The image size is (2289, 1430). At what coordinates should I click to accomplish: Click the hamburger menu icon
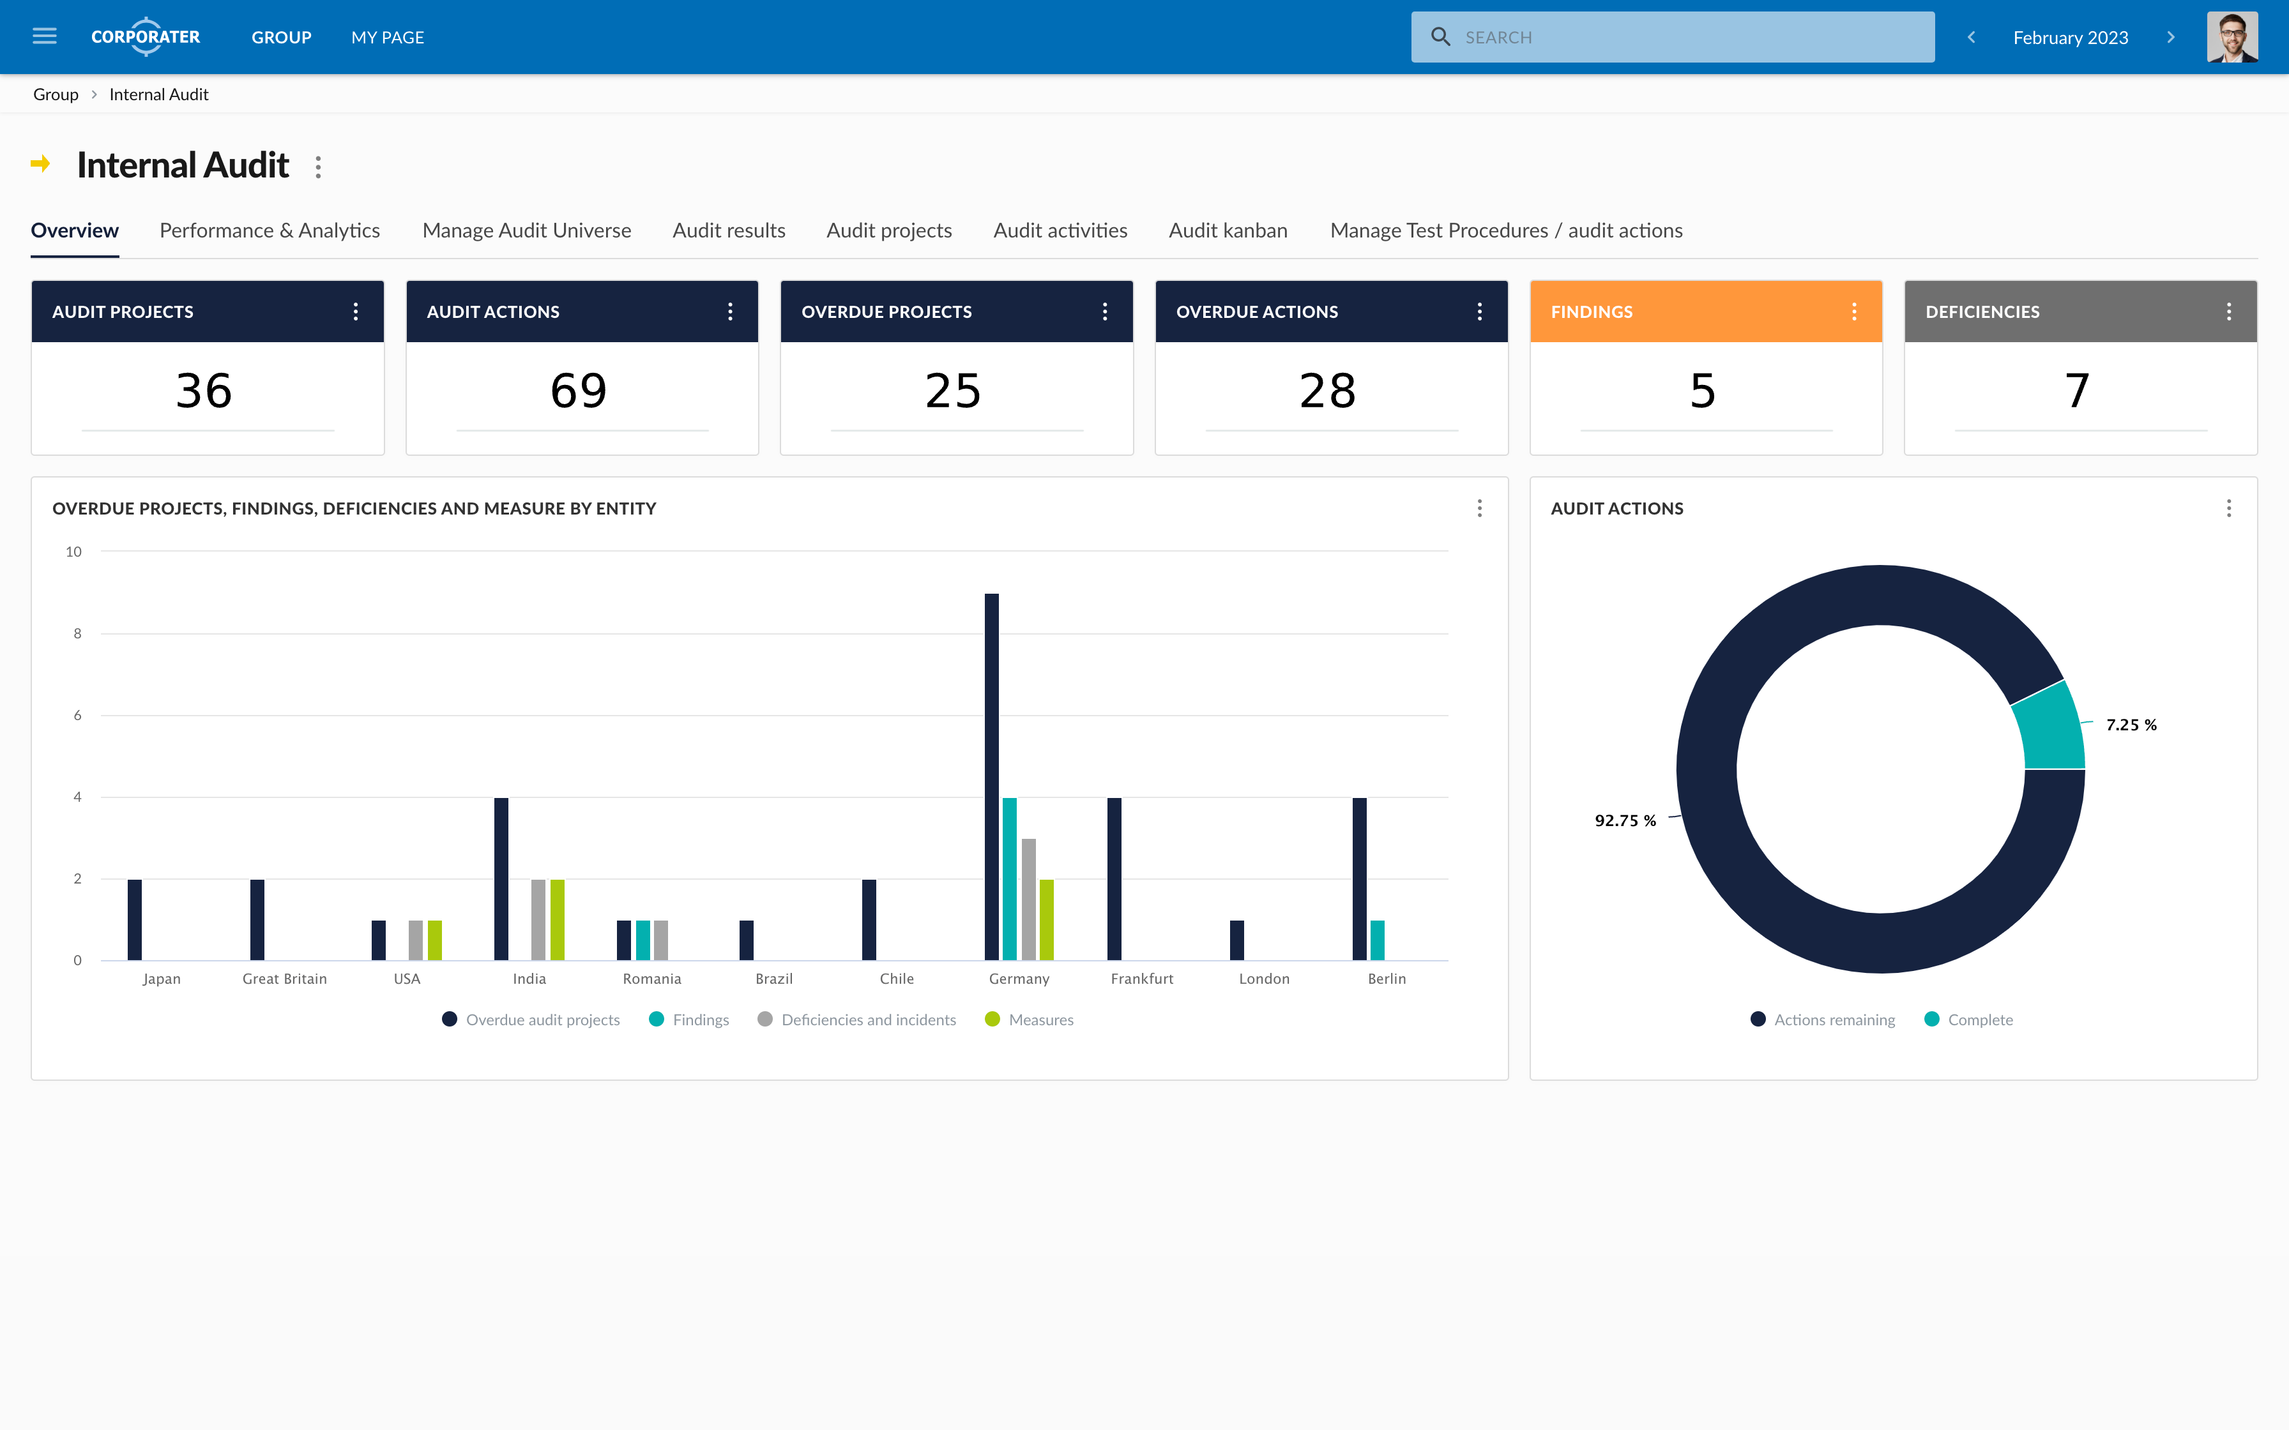45,37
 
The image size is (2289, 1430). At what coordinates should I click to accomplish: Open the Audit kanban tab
1228,230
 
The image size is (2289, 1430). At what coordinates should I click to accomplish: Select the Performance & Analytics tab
270,230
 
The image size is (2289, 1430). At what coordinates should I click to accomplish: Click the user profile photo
2232,37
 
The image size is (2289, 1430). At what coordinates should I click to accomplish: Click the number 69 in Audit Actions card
579,391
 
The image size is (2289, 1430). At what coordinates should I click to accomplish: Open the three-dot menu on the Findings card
1854,311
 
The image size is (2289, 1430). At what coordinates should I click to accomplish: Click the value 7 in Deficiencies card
2077,391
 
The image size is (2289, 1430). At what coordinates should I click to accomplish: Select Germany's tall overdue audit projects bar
991,776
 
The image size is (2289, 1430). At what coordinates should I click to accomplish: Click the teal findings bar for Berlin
1377,940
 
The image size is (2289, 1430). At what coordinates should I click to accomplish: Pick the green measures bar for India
557,919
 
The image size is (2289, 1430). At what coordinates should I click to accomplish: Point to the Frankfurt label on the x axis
1142,979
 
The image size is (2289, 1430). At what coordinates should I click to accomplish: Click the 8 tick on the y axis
77,634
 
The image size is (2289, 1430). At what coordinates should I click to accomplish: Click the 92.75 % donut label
1625,820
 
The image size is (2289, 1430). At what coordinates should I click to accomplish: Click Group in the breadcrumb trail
56,94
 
